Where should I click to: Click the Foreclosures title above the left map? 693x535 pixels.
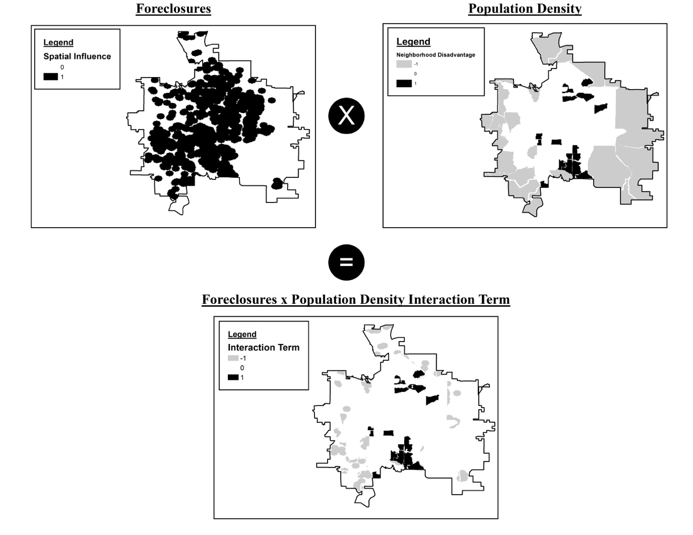point(173,9)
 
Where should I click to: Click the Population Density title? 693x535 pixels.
point(524,9)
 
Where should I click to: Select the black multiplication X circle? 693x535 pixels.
point(346,115)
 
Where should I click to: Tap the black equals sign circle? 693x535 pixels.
point(346,262)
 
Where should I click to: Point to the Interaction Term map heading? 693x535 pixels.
point(355,299)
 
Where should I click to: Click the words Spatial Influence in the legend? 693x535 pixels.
point(77,56)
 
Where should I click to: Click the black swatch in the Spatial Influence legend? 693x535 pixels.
point(50,77)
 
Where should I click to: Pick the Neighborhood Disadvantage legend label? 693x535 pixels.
point(435,55)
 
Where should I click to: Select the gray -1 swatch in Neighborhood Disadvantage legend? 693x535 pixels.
point(404,64)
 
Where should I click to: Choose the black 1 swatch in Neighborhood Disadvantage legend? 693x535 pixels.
point(404,83)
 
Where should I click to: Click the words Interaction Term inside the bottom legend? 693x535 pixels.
point(264,347)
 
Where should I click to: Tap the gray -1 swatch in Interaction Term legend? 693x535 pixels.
point(233,358)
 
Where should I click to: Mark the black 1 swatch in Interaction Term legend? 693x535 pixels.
point(233,377)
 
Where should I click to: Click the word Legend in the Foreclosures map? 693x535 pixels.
point(58,42)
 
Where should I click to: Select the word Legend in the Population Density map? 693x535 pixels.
point(413,41)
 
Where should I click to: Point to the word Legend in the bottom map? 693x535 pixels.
point(242,334)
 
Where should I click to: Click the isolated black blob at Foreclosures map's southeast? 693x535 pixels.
point(277,183)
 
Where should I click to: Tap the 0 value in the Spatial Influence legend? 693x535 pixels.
point(62,67)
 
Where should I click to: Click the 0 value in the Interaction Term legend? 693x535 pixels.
point(242,368)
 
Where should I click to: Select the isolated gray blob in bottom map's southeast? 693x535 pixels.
point(462,476)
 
